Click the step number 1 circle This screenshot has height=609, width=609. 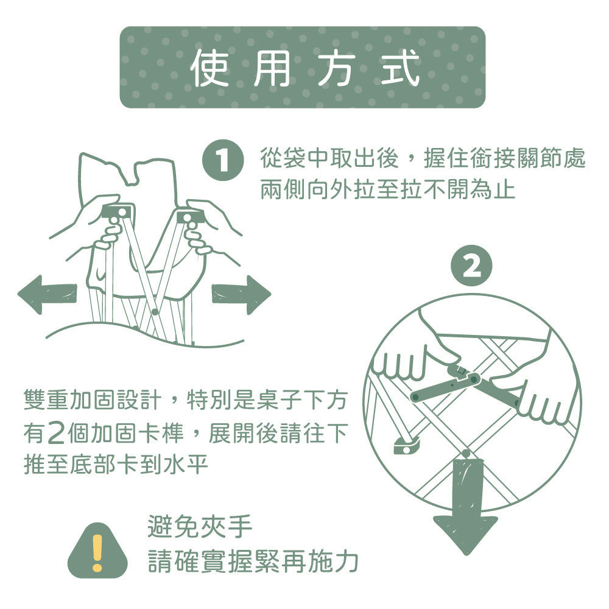[222, 160]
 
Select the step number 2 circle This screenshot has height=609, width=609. [471, 266]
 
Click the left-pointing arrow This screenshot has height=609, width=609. [48, 294]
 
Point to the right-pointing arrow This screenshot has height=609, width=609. [241, 294]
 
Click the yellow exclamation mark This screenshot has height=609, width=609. [97, 553]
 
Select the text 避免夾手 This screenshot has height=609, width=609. [200, 527]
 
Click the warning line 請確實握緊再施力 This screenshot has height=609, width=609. [253, 561]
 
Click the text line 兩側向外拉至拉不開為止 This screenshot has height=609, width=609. [387, 189]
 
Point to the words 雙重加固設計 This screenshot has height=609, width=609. [93, 400]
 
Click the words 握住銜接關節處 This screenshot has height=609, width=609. [504, 158]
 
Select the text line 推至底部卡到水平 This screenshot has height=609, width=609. [116, 463]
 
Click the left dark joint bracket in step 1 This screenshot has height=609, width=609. [119, 213]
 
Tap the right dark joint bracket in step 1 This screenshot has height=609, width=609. [188, 217]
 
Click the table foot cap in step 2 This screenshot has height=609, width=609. [407, 446]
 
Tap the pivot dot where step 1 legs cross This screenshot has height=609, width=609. [155, 311]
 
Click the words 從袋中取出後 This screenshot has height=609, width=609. [329, 158]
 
